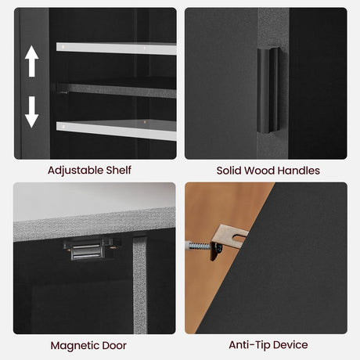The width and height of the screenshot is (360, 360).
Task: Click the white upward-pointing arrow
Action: [32, 61]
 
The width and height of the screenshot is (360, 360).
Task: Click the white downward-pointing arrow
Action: [32, 112]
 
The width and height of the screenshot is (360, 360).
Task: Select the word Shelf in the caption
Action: [118, 170]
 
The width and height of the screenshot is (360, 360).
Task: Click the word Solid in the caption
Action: [229, 171]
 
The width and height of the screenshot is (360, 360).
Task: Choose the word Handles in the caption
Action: [299, 171]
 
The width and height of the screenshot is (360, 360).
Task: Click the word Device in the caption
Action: [291, 345]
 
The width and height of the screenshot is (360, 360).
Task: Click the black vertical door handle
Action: [268, 90]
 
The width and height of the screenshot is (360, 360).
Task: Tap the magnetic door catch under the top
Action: [88, 249]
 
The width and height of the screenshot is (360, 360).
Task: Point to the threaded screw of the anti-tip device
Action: [199, 246]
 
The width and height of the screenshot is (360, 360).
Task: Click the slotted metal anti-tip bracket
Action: [227, 241]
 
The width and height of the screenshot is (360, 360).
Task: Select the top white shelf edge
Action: [117, 49]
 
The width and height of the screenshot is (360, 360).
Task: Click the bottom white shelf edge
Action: [117, 130]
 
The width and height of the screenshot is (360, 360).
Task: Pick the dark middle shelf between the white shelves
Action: [117, 90]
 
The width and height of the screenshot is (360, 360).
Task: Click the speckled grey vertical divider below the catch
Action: [140, 286]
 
